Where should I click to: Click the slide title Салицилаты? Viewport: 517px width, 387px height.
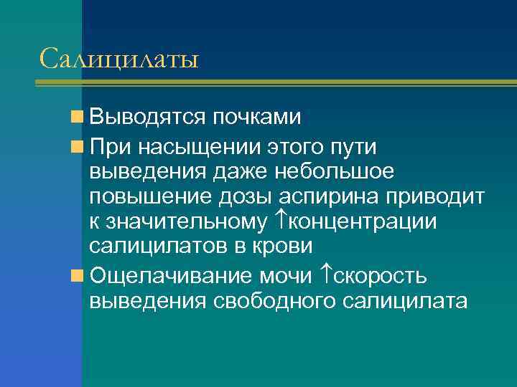(119, 58)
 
